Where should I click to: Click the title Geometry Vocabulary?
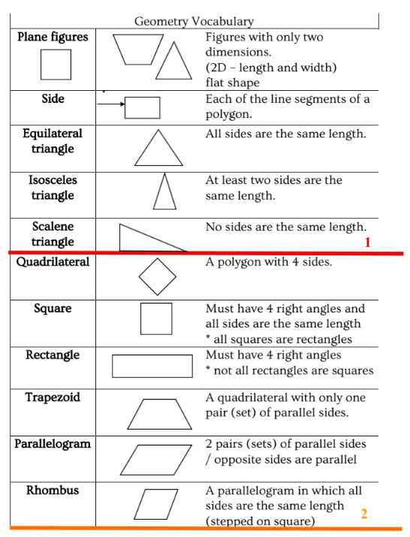[x=194, y=21]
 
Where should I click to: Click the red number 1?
[x=367, y=243]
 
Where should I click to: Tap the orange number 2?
[x=363, y=514]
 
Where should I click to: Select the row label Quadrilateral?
[x=53, y=262]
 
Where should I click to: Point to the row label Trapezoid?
[x=53, y=397]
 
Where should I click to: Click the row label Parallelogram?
[x=53, y=444]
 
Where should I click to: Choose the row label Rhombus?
[x=53, y=490]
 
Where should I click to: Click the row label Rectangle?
[x=53, y=355]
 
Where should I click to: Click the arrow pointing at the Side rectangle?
[x=111, y=104]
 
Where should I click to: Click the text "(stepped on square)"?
[x=261, y=521]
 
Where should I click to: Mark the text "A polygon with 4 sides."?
[x=269, y=262]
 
